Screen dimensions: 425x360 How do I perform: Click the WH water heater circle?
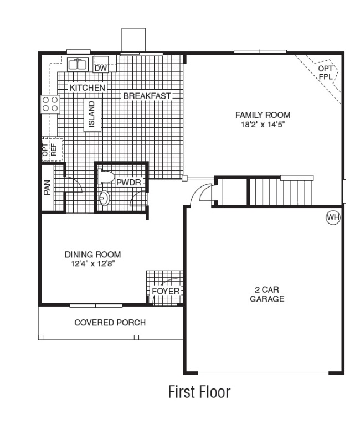332,217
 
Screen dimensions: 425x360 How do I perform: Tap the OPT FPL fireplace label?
325,72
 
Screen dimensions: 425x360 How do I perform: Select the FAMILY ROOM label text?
263,115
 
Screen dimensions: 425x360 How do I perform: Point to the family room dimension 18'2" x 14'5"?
263,124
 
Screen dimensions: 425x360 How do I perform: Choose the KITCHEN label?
87,87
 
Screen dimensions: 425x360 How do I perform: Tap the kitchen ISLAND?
92,115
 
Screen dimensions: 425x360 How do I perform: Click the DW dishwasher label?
100,69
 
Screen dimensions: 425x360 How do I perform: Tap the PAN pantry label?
48,188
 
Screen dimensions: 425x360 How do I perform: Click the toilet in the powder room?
106,178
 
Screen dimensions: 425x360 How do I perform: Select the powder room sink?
105,198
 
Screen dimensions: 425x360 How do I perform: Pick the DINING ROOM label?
93,255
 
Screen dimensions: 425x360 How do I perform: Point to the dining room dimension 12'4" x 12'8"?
93,264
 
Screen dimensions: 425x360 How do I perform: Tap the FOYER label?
166,291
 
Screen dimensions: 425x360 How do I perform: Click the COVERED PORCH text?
110,323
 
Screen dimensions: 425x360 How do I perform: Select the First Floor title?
199,392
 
